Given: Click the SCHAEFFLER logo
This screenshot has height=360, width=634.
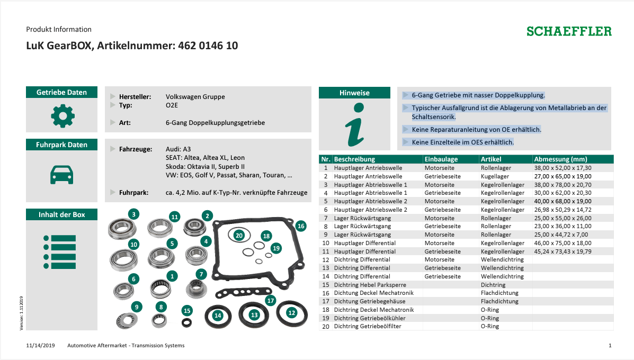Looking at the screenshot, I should (x=569, y=32).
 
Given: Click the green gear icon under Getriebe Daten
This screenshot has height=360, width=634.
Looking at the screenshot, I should (x=62, y=116).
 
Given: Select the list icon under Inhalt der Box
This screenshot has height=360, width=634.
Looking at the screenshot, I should (x=60, y=251).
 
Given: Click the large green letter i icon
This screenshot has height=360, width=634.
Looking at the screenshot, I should (x=355, y=125).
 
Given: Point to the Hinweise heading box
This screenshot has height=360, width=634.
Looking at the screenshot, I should (x=354, y=93).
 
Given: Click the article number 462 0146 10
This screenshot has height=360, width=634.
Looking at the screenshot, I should (x=208, y=46).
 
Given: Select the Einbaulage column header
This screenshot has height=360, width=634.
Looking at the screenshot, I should (x=441, y=159).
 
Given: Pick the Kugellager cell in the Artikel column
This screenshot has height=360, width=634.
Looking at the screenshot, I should (x=495, y=176).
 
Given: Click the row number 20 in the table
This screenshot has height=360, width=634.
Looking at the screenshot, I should (x=326, y=327).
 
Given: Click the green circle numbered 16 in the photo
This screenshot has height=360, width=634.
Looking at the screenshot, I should (x=301, y=226).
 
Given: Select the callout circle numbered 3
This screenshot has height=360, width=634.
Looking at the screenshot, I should (x=134, y=214).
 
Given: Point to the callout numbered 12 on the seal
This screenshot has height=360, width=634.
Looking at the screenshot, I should (x=292, y=312).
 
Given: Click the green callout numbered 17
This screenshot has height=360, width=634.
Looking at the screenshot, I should (x=271, y=301).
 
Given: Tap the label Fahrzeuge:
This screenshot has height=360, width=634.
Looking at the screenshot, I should (x=136, y=149).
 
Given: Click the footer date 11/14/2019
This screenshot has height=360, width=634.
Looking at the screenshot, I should (x=40, y=346).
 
